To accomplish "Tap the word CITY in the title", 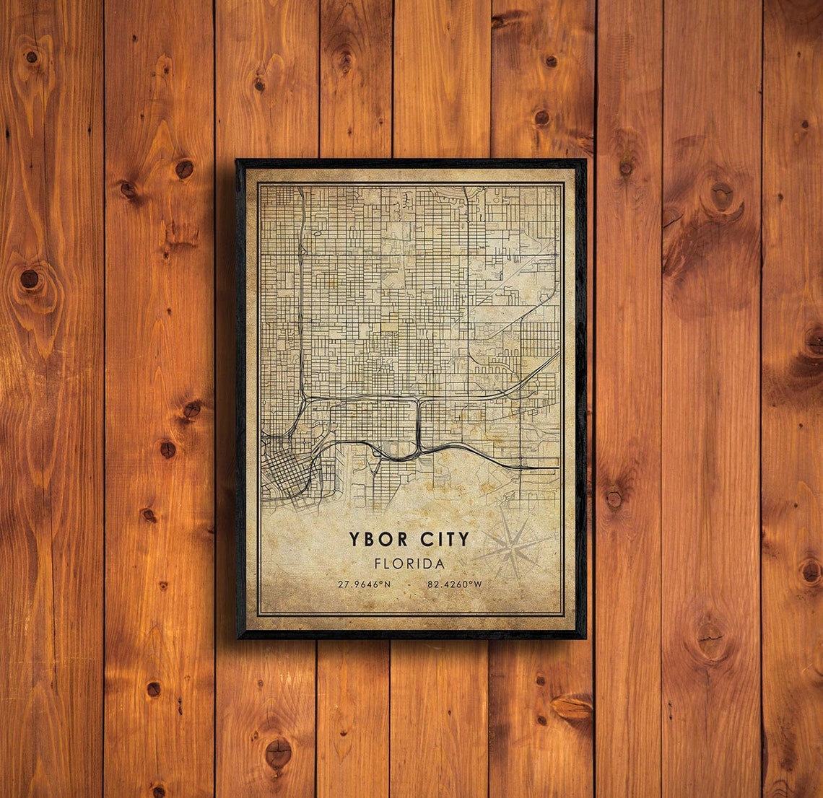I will click(x=443, y=539).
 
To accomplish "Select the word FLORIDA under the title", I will click(x=409, y=564).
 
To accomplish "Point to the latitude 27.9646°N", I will click(x=364, y=584).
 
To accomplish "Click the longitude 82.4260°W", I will click(x=454, y=584).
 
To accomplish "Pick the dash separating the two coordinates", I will click(x=409, y=584).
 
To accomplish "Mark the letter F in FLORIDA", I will click(x=378, y=564).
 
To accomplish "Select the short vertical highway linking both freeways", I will click(x=419, y=426).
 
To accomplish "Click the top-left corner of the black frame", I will click(x=237, y=160).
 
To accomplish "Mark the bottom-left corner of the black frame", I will click(x=238, y=638).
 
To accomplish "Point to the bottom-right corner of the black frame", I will click(x=585, y=638).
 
